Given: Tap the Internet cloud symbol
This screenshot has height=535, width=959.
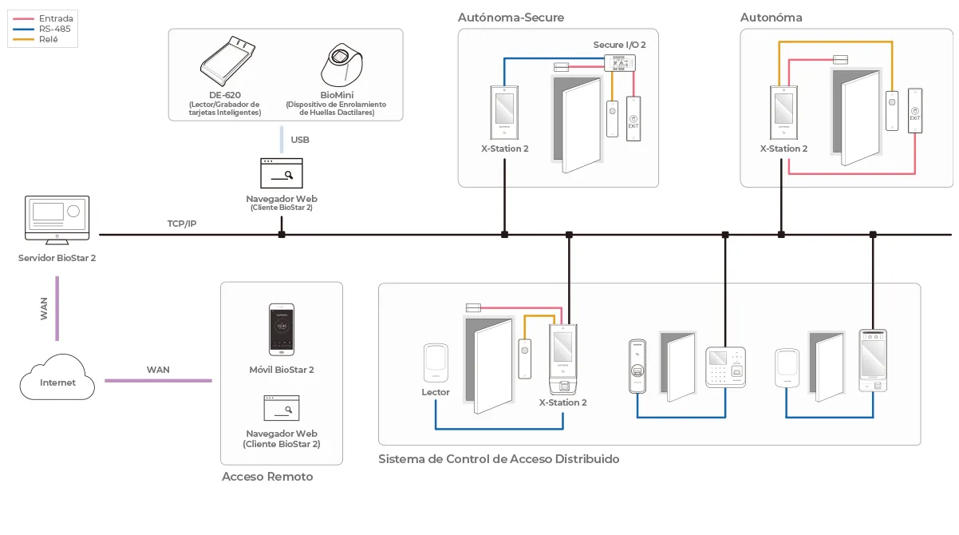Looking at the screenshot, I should pyautogui.click(x=57, y=378).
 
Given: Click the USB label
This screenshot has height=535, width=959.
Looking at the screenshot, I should pyautogui.click(x=300, y=140).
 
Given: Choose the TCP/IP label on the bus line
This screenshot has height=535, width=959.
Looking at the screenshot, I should pyautogui.click(x=182, y=224).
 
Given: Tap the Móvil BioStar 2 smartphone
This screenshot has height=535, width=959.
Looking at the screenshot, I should pyautogui.click(x=282, y=329).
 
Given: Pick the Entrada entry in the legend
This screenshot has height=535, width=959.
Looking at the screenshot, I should pyautogui.click(x=55, y=18).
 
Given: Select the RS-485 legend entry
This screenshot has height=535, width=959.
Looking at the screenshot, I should pyautogui.click(x=54, y=29).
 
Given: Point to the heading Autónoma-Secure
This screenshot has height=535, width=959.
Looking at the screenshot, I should pyautogui.click(x=511, y=17).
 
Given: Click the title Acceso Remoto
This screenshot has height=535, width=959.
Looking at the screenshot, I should pyautogui.click(x=267, y=477).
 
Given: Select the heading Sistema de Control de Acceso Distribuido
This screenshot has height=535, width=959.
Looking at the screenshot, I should pyautogui.click(x=499, y=459).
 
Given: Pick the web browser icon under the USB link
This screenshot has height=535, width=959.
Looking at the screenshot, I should pyautogui.click(x=282, y=173).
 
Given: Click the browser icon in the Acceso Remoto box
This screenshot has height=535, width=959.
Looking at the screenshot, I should pyautogui.click(x=282, y=408).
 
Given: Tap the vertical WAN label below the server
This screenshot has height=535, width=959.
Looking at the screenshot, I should pyautogui.click(x=44, y=308).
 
